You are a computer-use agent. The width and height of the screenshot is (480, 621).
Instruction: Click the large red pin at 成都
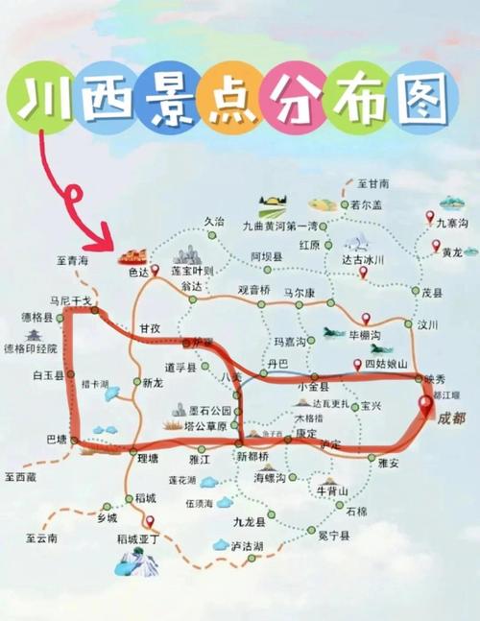[x=425, y=406]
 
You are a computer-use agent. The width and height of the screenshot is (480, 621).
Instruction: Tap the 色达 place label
[x=140, y=273]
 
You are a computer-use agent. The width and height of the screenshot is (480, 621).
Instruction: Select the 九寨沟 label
[x=450, y=223]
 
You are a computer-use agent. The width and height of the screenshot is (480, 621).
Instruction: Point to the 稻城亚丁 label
[x=136, y=540]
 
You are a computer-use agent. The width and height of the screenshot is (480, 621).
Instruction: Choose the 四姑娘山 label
[x=388, y=365]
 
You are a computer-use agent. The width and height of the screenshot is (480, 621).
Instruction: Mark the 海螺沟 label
[x=272, y=476]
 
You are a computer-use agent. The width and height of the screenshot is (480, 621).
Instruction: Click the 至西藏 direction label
[x=19, y=476]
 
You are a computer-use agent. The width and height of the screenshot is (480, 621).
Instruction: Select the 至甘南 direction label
[x=373, y=183]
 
